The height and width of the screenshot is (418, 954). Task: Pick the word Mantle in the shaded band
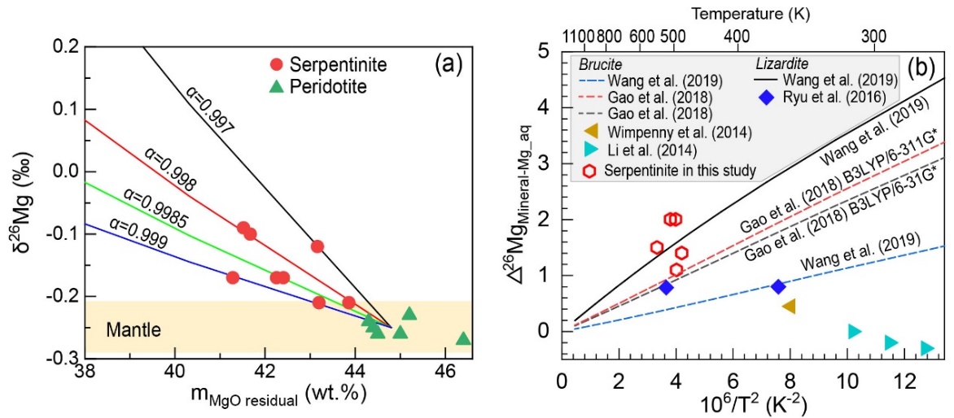pyautogui.click(x=133, y=330)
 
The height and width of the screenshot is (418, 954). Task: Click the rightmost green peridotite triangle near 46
pyautogui.click(x=463, y=339)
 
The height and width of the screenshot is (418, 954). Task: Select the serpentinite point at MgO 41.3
pyautogui.click(x=233, y=277)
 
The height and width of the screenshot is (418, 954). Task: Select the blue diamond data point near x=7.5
pyautogui.click(x=778, y=286)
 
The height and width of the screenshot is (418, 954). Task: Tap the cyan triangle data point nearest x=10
pyautogui.click(x=854, y=331)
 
